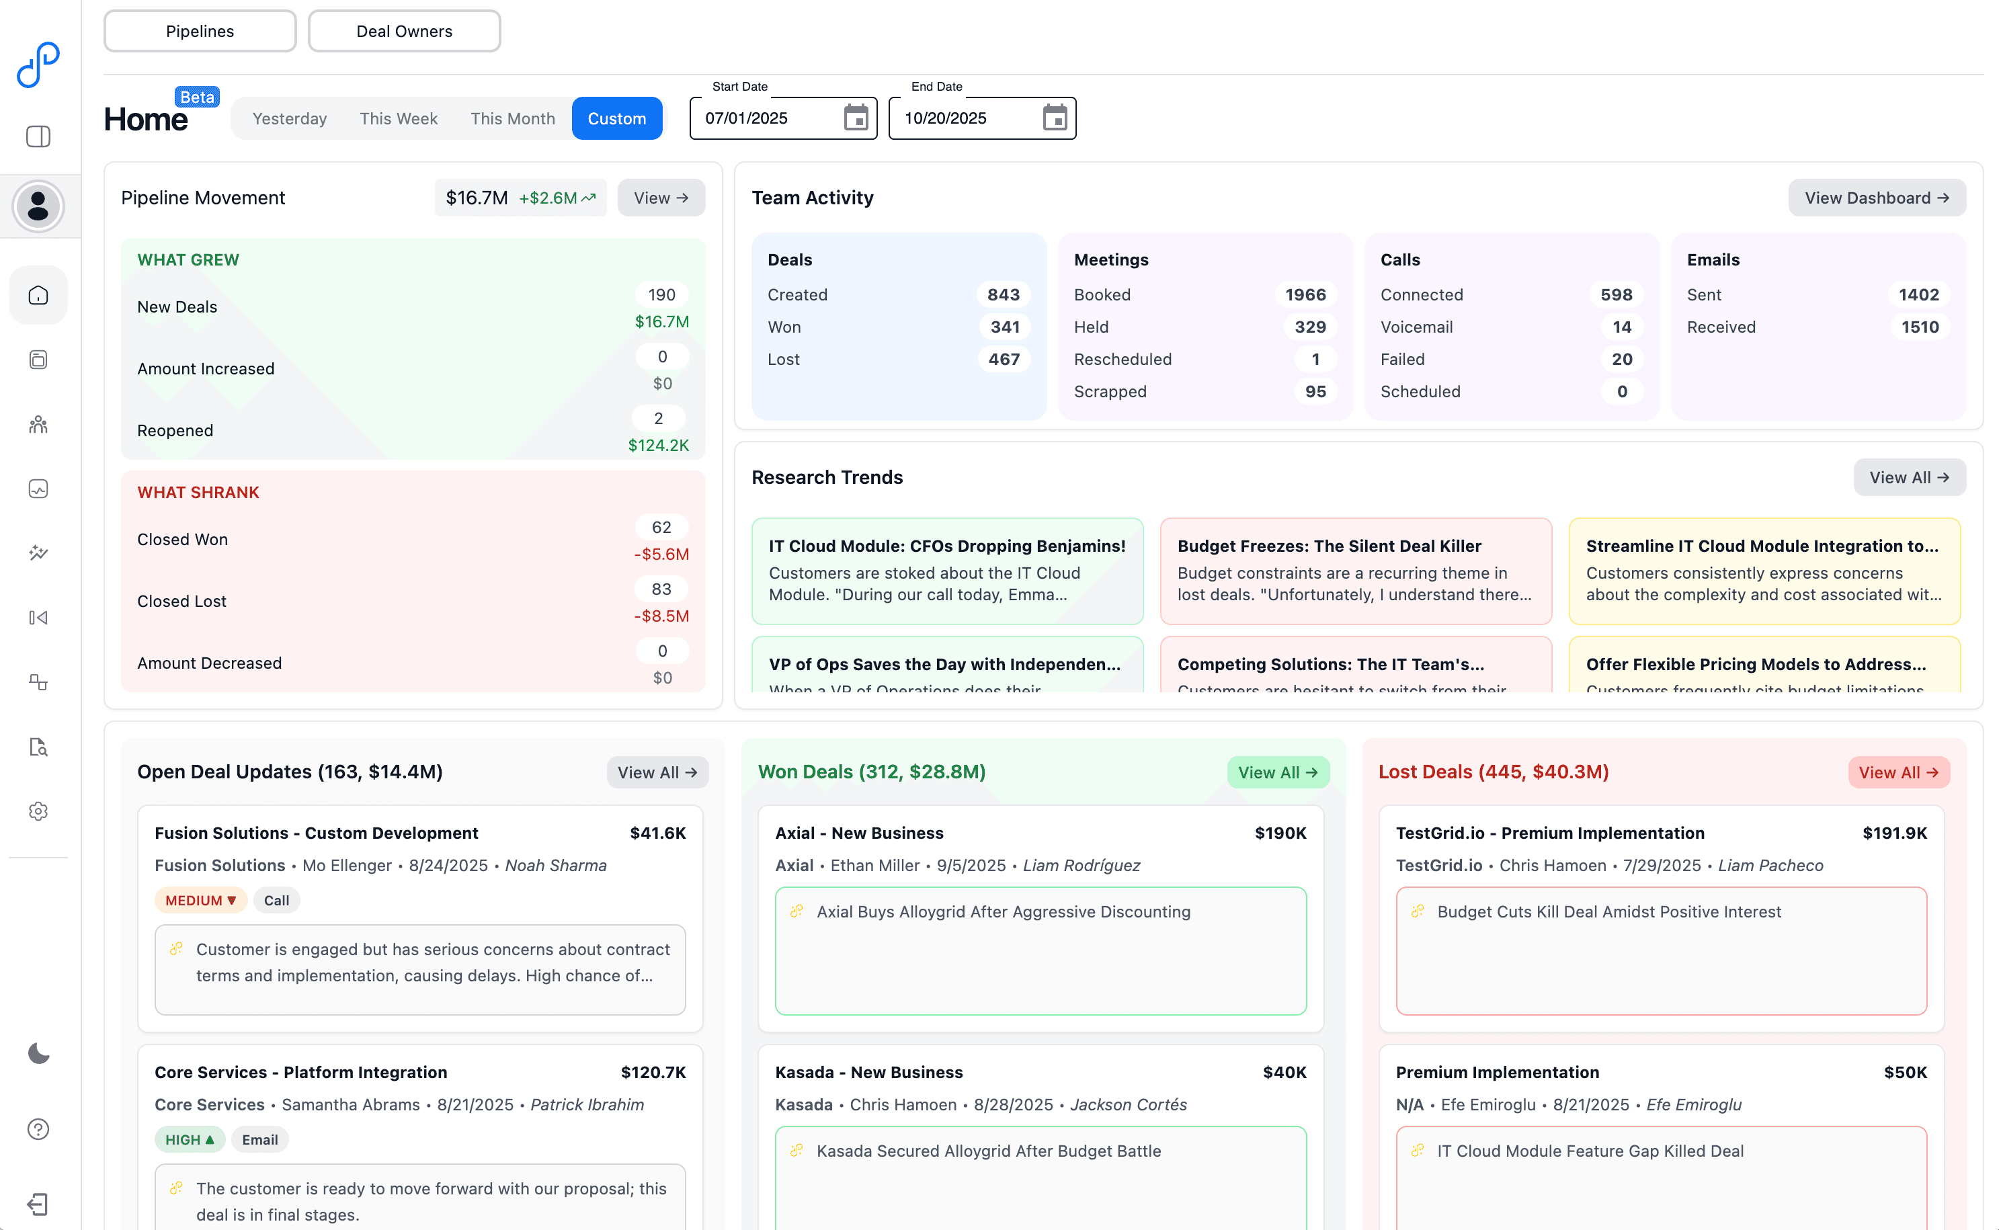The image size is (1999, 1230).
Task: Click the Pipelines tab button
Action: (200, 31)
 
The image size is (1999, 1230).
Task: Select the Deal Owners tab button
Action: (404, 31)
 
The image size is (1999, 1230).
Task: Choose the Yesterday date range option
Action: (290, 119)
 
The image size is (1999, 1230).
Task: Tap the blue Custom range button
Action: (616, 119)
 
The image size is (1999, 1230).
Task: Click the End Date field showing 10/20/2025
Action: (960, 119)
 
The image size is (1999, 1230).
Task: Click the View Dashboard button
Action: (1876, 198)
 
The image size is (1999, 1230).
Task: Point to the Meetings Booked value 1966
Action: (1305, 294)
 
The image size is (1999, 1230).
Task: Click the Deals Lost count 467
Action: (1004, 359)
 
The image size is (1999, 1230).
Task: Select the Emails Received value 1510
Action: (1919, 327)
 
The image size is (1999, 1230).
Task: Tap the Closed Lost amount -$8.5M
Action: (661, 616)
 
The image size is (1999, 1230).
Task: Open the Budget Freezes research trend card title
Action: (1329, 546)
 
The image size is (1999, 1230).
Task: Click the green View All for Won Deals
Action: (1277, 773)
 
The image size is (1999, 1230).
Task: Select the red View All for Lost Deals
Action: (1898, 773)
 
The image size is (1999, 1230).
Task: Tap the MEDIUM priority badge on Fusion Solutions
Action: (200, 901)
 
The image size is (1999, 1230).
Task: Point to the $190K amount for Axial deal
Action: (1280, 833)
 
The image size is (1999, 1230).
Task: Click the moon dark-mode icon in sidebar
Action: (38, 1053)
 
